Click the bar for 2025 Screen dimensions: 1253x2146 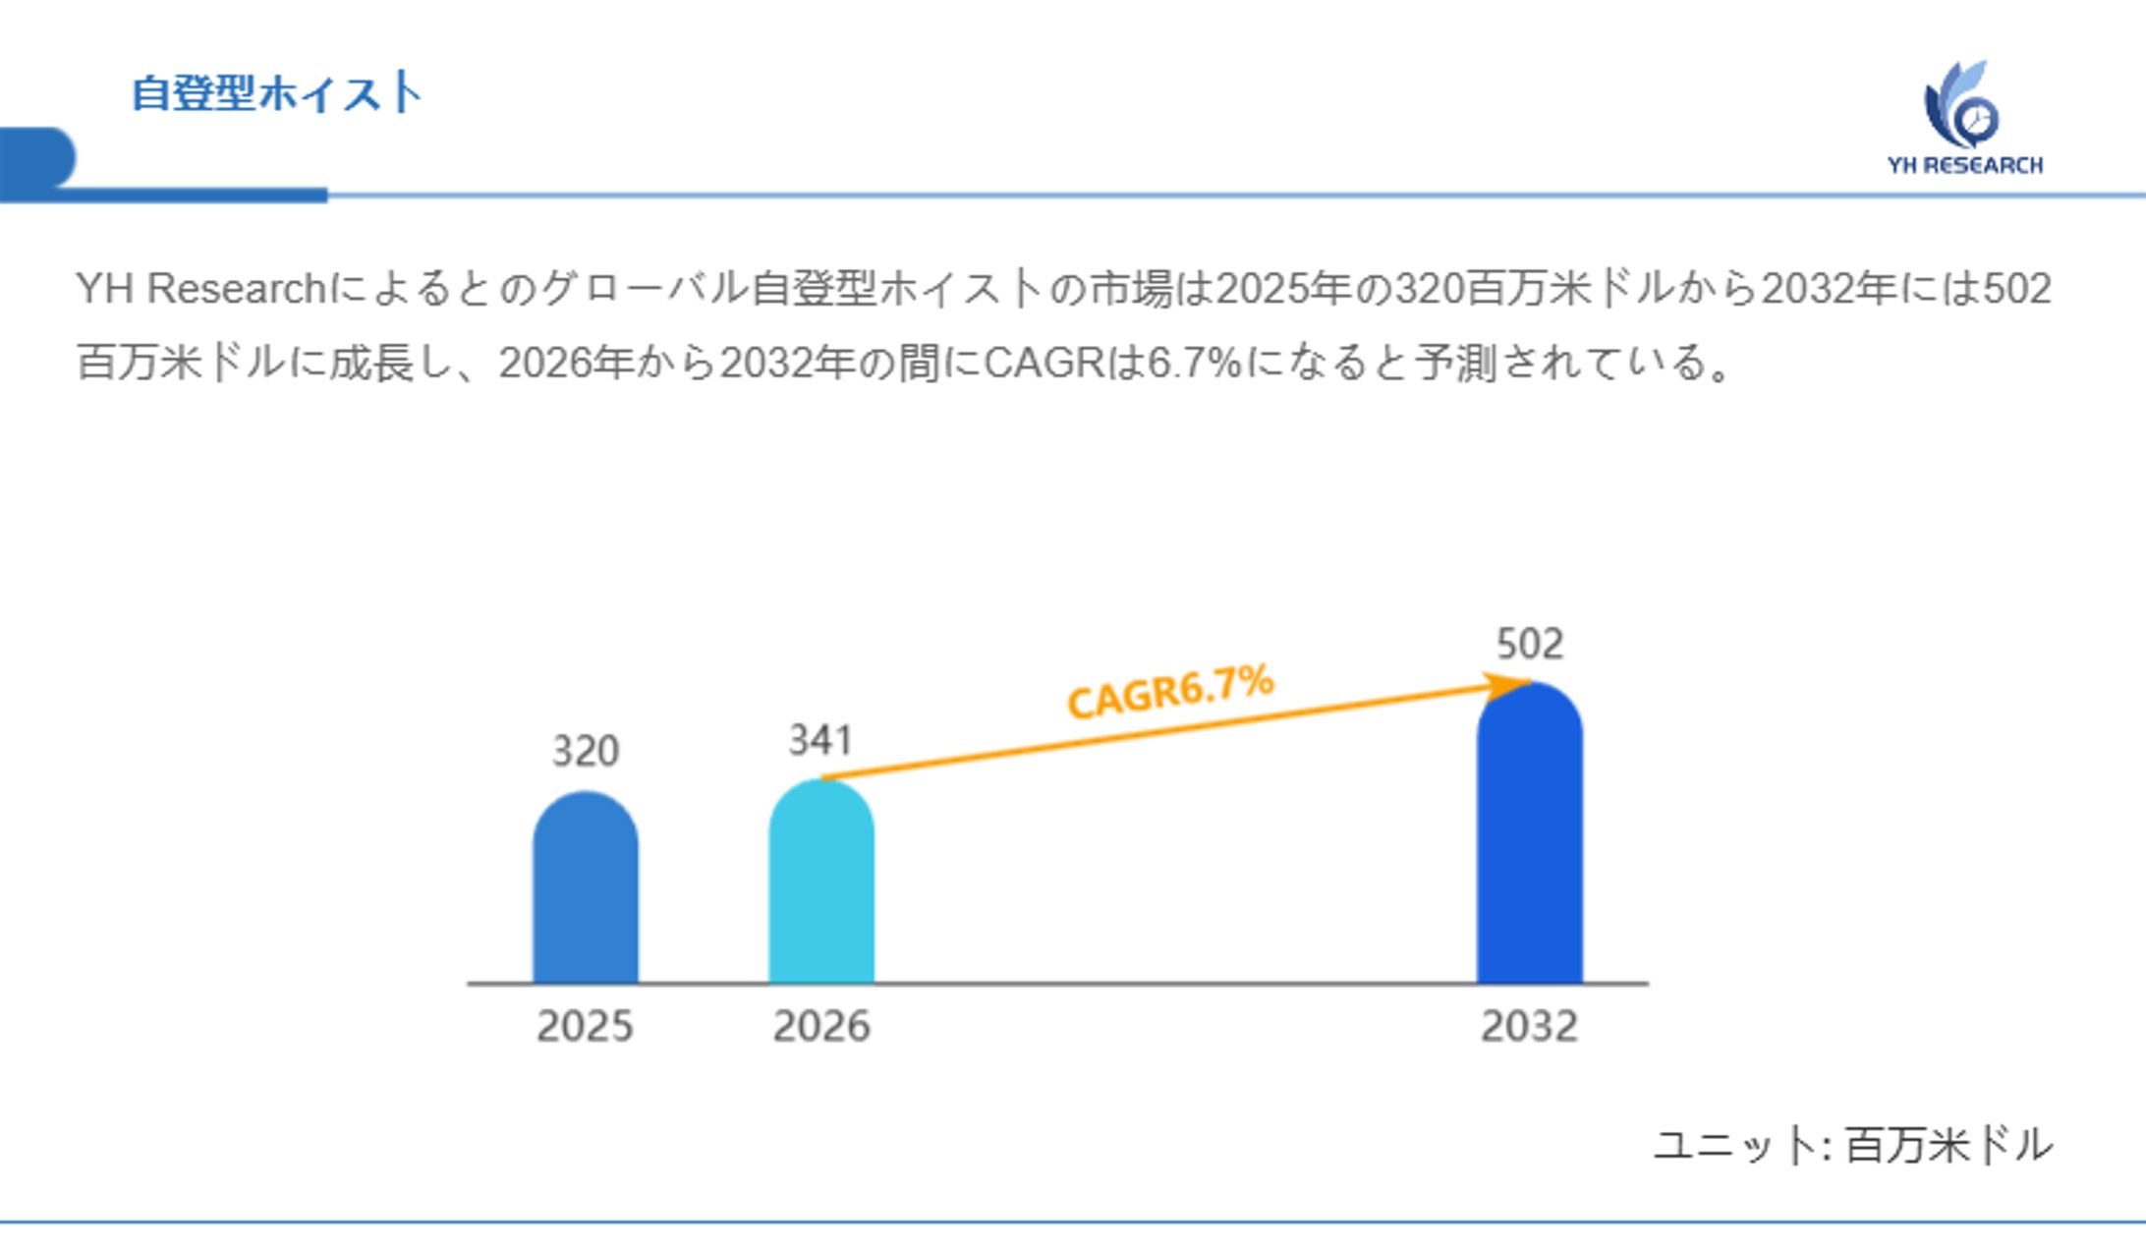585,889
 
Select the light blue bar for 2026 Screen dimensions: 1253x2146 820,884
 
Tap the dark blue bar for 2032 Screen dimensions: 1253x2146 1529,835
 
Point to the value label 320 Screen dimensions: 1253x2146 586,752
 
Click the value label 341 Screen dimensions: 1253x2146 820,740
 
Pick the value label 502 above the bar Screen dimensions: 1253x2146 1529,645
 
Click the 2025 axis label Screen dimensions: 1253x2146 585,1027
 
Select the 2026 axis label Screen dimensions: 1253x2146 821,1027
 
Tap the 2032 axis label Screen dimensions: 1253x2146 1529,1027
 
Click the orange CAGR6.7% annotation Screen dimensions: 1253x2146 1170,690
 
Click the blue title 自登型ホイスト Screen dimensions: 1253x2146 277,94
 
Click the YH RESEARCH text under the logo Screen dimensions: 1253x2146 1964,165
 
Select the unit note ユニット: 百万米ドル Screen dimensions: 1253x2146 1853,1146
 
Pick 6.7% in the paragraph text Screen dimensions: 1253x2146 1194,364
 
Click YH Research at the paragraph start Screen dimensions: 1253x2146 201,289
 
